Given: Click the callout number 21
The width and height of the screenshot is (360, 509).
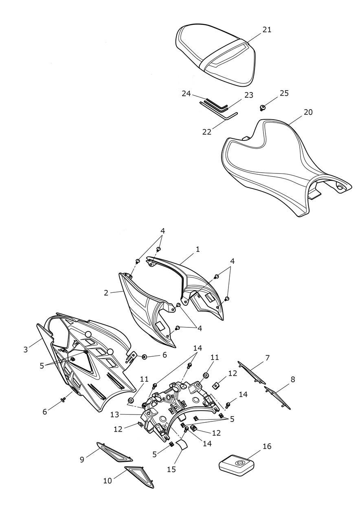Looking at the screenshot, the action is (x=267, y=30).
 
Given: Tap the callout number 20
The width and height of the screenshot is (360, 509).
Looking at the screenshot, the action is (x=308, y=112).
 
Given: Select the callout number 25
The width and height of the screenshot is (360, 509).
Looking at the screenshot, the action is (x=284, y=93).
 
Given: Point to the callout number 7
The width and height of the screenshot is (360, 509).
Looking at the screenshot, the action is (x=268, y=358).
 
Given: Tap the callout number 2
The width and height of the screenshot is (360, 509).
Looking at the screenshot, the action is (x=106, y=293).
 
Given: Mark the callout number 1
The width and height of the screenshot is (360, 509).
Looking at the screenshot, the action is (x=198, y=250).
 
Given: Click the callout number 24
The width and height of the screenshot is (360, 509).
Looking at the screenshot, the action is (x=186, y=94).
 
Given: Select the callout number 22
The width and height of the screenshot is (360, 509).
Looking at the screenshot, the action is (x=207, y=132).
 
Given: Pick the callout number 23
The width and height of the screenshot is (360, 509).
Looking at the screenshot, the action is (x=249, y=95).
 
